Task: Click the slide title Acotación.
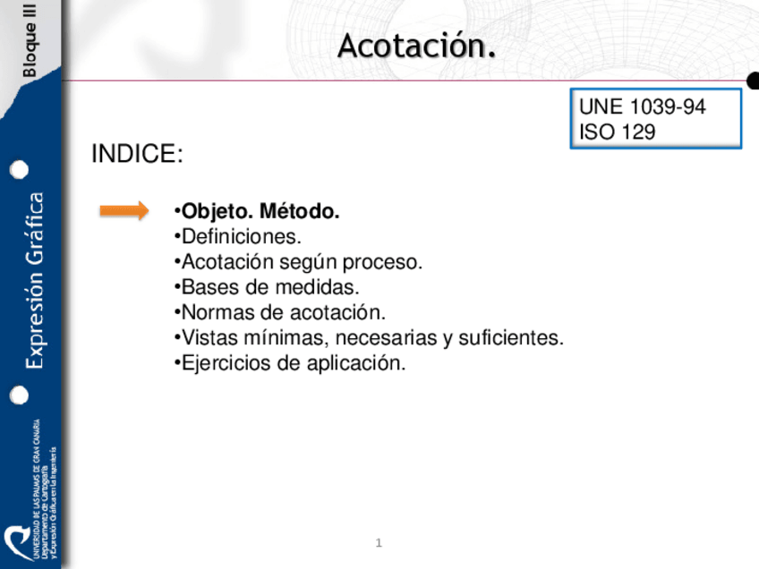pyautogui.click(x=416, y=46)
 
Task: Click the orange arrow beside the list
pyautogui.click(x=124, y=210)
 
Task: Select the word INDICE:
pyautogui.click(x=137, y=154)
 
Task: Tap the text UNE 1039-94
pyautogui.click(x=642, y=107)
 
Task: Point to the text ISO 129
pyautogui.click(x=617, y=132)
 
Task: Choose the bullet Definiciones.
pyautogui.click(x=239, y=237)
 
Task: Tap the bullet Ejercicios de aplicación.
pyautogui.click(x=291, y=363)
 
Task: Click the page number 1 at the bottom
pyautogui.click(x=379, y=543)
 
